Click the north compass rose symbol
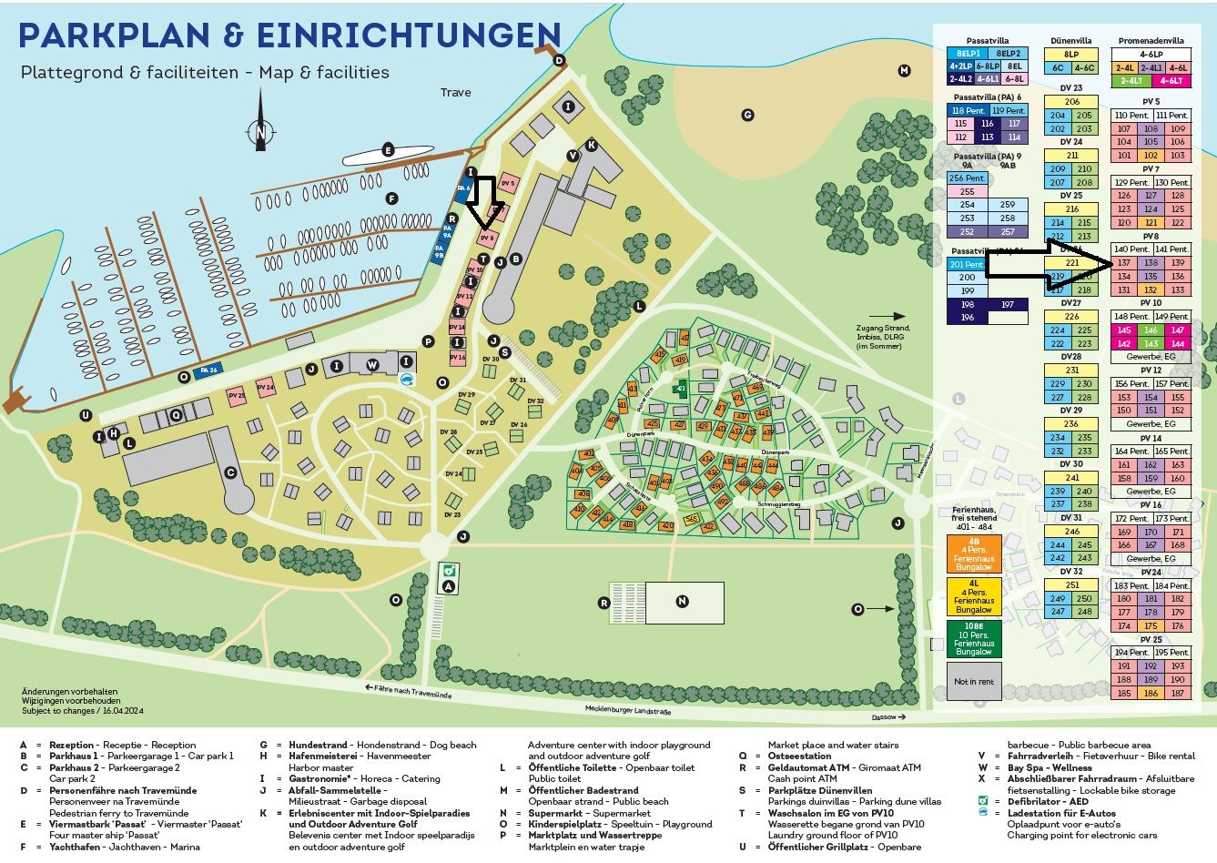click(261, 133)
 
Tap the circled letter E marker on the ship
click(388, 150)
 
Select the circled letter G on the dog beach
click(747, 115)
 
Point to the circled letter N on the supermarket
click(683, 601)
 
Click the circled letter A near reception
click(448, 587)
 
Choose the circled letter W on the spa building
click(372, 365)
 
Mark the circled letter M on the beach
click(904, 70)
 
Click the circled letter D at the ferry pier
click(560, 61)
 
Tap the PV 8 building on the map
click(488, 239)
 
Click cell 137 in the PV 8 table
click(1124, 263)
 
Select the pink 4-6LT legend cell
click(1177, 81)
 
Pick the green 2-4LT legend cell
click(1125, 81)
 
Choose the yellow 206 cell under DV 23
click(1071, 102)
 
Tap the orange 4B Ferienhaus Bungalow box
click(973, 553)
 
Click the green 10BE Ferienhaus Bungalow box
click(973, 639)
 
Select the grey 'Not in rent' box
click(973, 681)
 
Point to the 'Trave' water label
click(456, 92)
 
